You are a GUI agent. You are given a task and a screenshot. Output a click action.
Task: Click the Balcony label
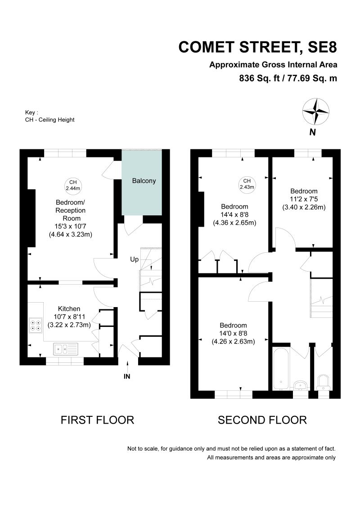[144, 181]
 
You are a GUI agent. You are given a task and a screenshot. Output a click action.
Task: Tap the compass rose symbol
[315, 112]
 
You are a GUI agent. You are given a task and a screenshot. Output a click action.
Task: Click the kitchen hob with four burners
[36, 326]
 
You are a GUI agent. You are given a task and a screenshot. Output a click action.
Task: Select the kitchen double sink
[66, 349]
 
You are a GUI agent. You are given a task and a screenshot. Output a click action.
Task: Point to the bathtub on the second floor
[281, 369]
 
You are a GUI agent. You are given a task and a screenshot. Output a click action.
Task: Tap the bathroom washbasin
[301, 385]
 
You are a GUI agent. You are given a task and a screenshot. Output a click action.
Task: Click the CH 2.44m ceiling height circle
[73, 185]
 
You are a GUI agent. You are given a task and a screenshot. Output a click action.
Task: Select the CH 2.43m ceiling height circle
[247, 184]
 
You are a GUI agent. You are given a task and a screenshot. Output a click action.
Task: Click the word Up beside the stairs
[134, 259]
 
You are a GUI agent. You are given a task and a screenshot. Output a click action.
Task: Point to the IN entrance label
[127, 376]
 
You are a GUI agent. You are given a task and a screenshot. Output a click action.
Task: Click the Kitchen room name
[69, 309]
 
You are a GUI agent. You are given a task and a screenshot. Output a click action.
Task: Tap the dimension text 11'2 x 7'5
[304, 199]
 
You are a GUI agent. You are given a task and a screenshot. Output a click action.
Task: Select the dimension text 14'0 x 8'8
[233, 333]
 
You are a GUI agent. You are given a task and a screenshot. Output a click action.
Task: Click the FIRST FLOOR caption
[98, 420]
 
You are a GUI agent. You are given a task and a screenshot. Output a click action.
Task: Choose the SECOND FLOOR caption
[262, 420]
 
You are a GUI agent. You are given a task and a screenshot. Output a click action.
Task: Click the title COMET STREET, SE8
[258, 47]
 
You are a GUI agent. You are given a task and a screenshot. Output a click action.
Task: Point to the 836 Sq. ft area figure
[259, 79]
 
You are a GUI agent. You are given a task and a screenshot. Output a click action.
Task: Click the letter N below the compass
[313, 132]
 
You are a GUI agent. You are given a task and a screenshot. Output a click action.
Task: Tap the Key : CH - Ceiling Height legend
[49, 116]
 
